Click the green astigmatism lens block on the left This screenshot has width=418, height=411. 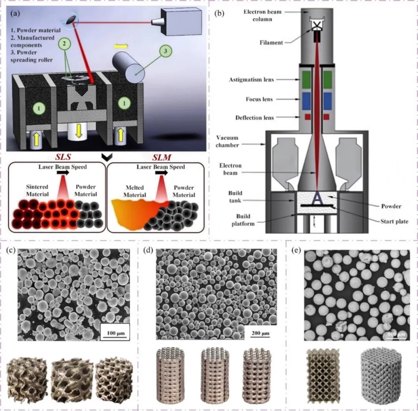306,79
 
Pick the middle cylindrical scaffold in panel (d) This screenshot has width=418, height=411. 214,376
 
